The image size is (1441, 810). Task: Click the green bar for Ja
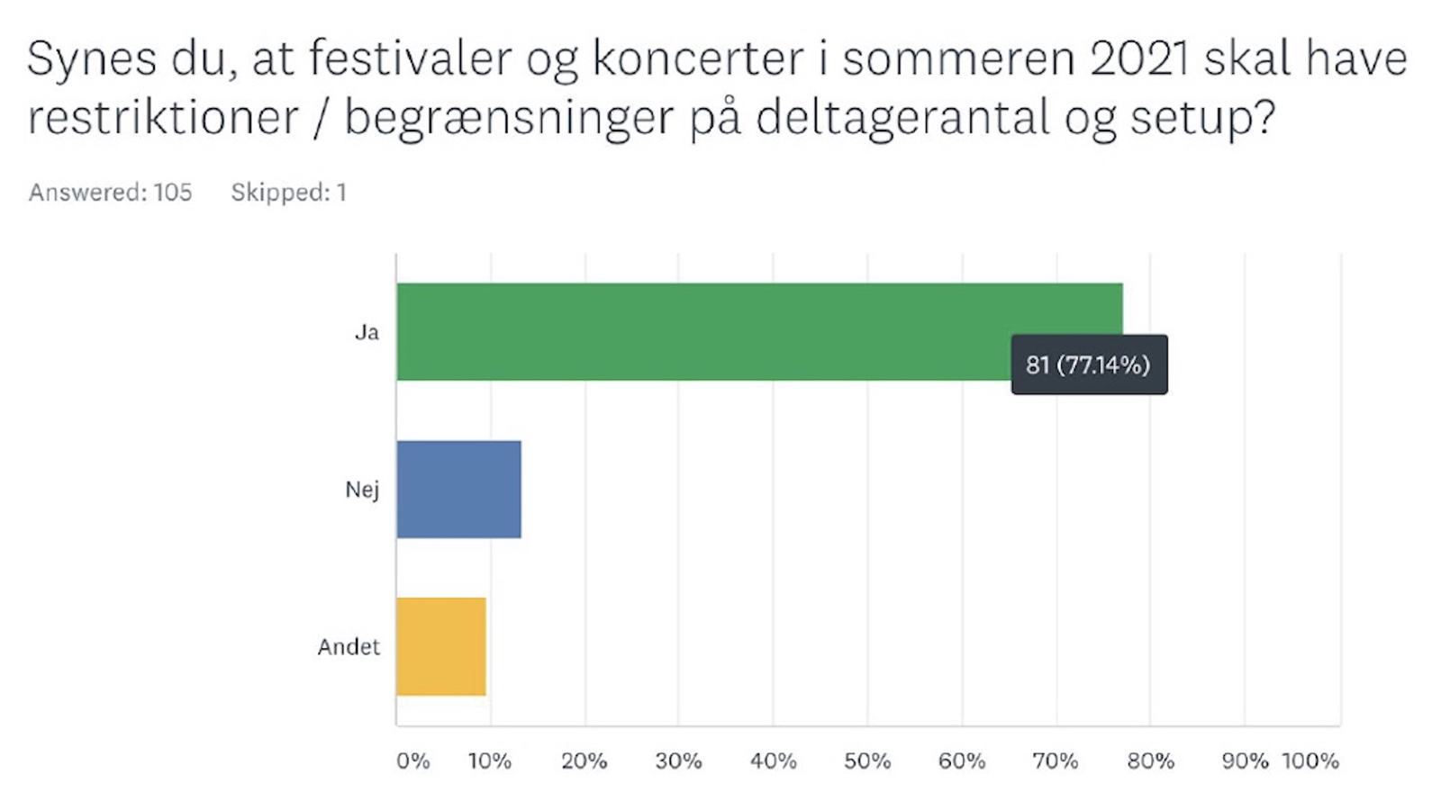point(702,331)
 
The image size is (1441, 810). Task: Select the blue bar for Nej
point(458,489)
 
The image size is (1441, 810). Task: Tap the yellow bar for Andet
point(440,646)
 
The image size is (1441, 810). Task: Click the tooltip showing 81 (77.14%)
point(1088,364)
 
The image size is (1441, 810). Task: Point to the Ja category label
point(367,332)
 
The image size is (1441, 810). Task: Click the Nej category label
point(362,490)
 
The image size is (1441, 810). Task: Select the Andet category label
point(349,647)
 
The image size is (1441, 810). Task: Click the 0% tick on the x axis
point(412,761)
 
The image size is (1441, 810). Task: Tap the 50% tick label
point(866,761)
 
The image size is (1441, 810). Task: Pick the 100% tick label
point(1310,761)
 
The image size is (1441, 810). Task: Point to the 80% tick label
point(1150,761)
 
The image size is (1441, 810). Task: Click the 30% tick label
point(678,761)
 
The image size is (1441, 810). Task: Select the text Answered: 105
point(110,193)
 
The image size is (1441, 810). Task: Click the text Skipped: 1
point(288,193)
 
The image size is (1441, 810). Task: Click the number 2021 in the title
point(1138,59)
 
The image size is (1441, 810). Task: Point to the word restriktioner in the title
point(163,118)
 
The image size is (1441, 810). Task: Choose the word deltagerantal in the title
point(902,118)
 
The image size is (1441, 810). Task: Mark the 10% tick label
point(489,761)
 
